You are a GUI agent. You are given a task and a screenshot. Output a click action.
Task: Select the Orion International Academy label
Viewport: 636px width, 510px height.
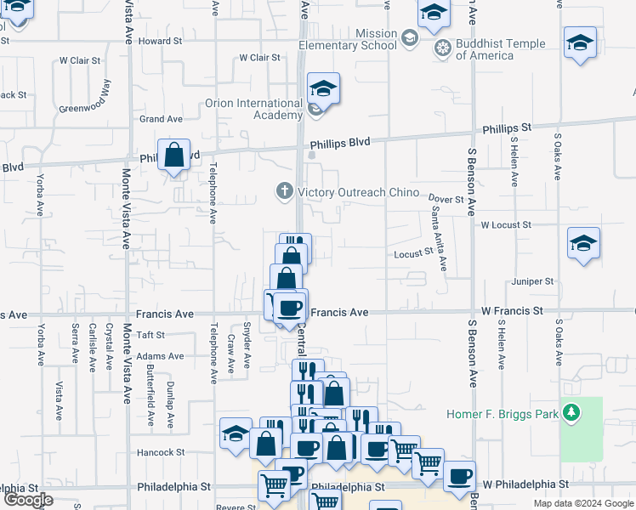(253, 110)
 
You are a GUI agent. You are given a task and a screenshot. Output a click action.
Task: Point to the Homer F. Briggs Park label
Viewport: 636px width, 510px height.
(503, 415)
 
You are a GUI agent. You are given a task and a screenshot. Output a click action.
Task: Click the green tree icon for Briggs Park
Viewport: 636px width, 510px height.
(573, 414)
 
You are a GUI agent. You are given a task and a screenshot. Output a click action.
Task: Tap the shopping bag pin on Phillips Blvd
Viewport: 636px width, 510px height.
(174, 156)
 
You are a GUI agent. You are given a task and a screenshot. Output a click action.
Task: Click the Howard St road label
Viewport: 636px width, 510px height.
(161, 41)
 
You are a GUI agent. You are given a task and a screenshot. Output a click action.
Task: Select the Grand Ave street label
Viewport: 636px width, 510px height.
(161, 119)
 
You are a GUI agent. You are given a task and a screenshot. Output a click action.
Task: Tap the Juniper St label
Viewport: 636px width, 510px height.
(532, 281)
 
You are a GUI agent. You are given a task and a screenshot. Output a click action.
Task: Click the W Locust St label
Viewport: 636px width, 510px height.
(505, 225)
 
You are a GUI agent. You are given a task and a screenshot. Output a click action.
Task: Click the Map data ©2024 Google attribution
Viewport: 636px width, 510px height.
(582, 504)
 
